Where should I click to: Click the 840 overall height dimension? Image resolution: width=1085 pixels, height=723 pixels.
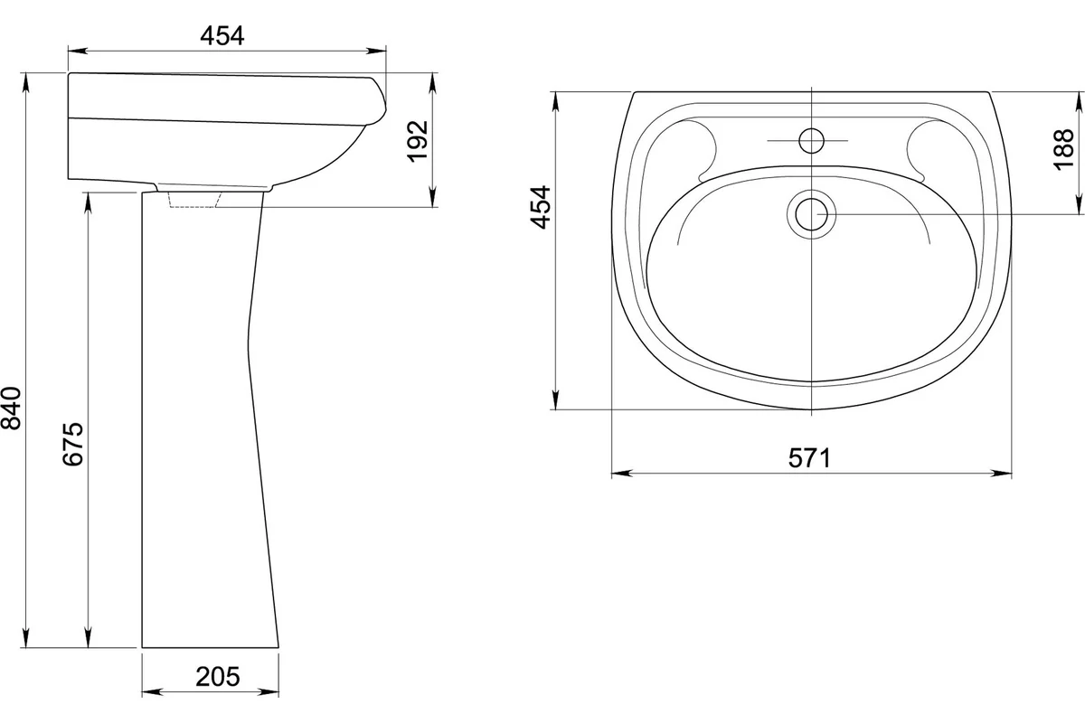coord(11,408)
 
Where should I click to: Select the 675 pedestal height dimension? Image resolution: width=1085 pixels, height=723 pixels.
coord(73,444)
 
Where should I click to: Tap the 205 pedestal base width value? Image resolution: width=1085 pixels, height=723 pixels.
coord(218,677)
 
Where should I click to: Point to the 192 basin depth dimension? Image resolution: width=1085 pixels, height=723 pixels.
coord(418,141)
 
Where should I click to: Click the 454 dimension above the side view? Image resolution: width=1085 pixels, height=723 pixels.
coord(222,36)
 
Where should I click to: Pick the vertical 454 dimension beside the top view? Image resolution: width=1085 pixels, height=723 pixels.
coord(541,207)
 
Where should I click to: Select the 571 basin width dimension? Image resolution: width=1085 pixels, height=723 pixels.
coord(809,458)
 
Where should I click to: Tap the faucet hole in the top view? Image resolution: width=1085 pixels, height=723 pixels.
coord(811,140)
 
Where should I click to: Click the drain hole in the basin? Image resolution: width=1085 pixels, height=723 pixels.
coord(811,214)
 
